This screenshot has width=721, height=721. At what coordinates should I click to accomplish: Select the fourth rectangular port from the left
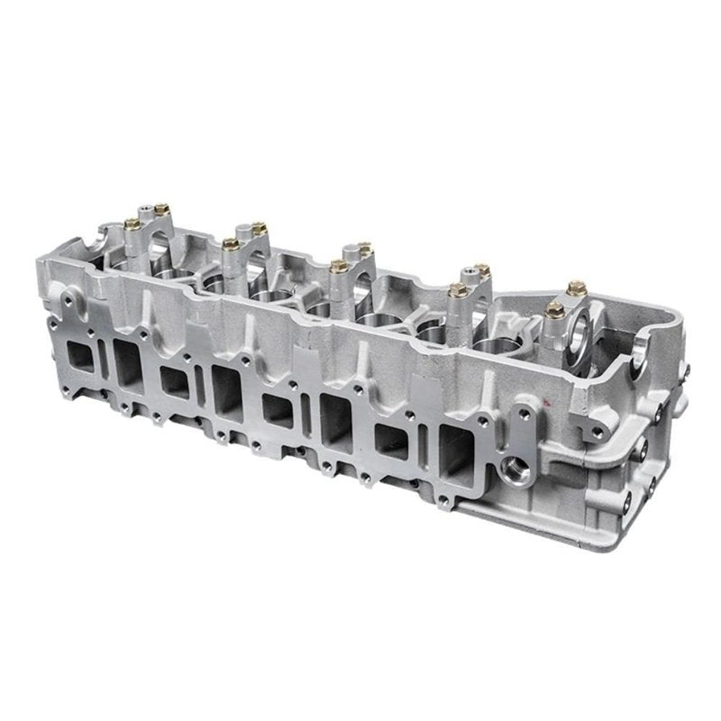(x=225, y=389)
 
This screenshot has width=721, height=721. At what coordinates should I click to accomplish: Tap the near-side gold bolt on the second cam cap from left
(x=228, y=242)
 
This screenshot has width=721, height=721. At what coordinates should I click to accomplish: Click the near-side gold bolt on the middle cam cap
(x=337, y=265)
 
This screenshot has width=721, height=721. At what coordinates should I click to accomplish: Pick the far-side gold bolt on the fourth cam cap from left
(x=480, y=269)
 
